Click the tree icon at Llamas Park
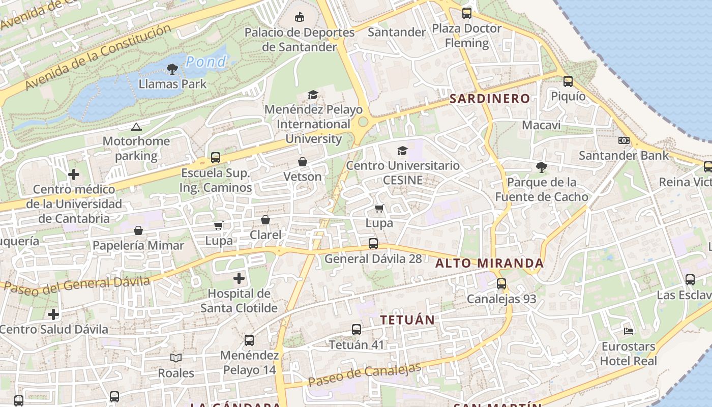click(172, 69)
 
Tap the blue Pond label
click(206, 62)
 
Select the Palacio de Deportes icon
click(300, 17)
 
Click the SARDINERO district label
click(490, 99)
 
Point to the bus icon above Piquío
click(568, 81)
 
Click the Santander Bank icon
click(624, 140)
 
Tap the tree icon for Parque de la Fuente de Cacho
click(542, 167)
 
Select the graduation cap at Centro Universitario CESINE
click(402, 151)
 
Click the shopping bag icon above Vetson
click(303, 162)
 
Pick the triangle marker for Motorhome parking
click(136, 127)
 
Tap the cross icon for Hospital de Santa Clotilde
click(239, 278)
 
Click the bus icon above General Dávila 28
click(373, 244)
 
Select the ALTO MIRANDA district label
click(490, 264)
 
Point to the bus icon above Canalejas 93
click(501, 284)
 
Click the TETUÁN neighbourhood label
click(408, 320)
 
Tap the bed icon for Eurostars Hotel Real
click(629, 331)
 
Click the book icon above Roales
click(176, 358)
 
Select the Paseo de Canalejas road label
click(365, 375)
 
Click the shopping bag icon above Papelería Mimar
click(138, 230)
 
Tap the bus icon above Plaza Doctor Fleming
click(466, 13)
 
